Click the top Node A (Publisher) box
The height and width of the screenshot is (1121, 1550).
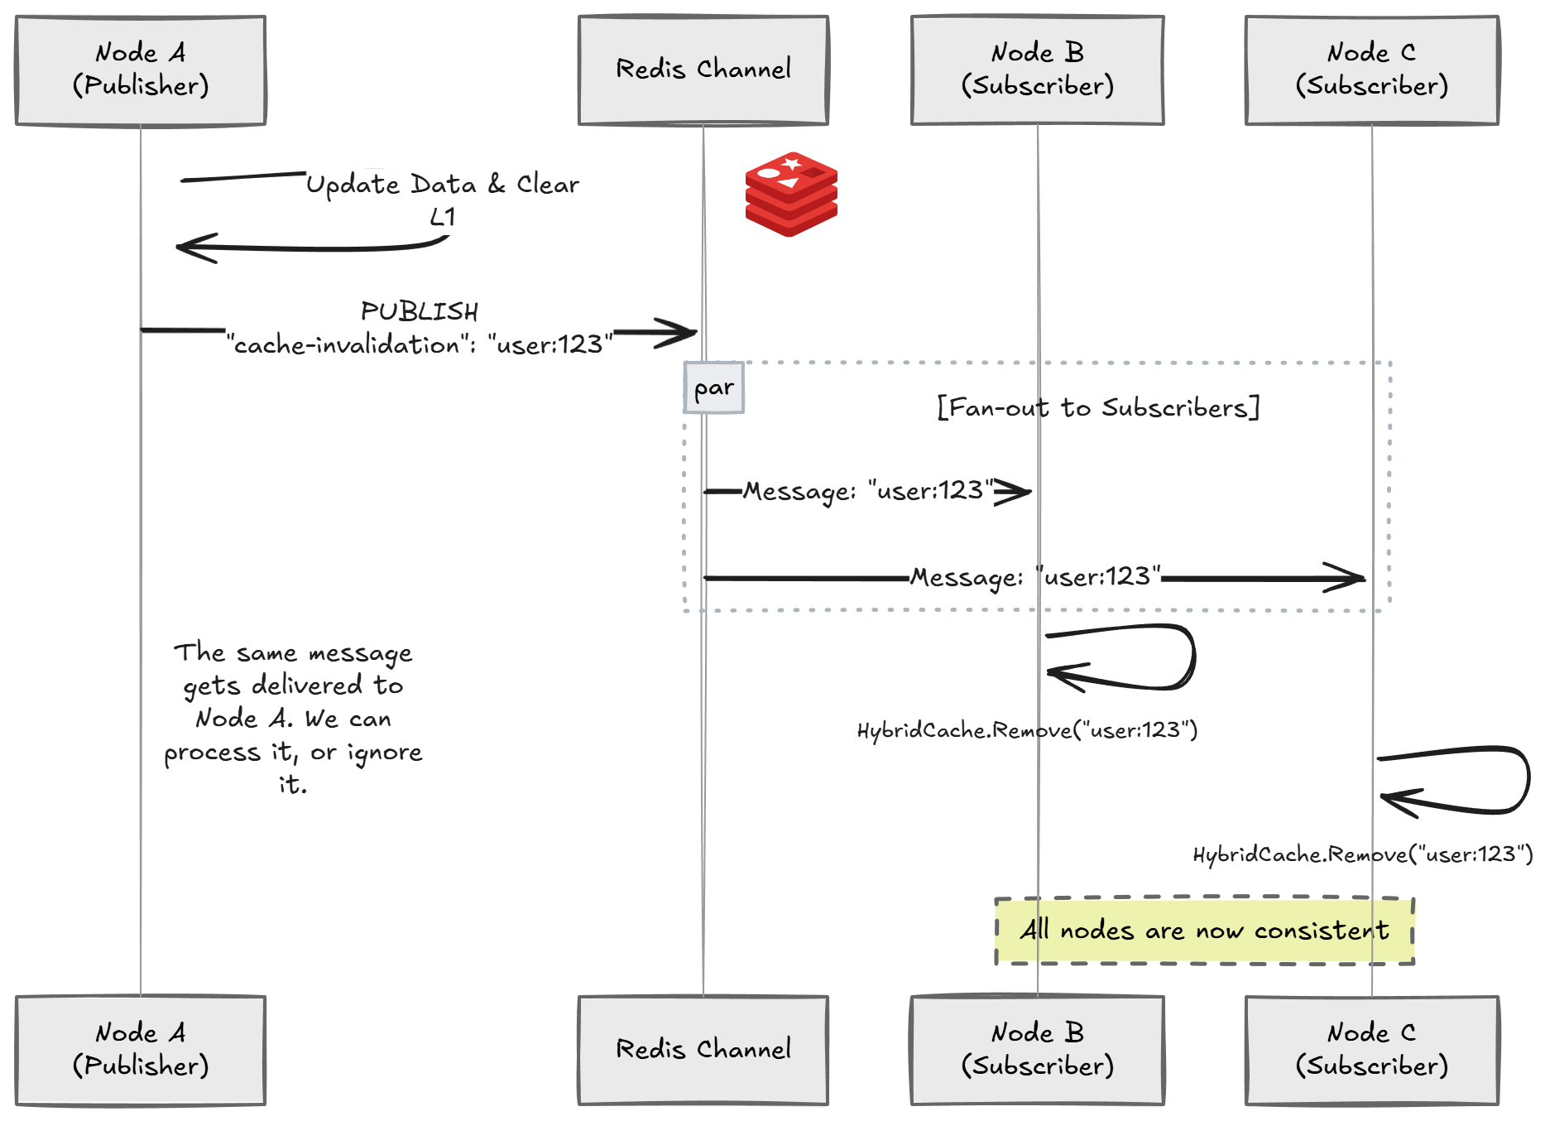[141, 70]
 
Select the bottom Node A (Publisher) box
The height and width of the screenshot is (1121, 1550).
[141, 1050]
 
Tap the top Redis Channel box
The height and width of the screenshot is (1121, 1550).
[703, 70]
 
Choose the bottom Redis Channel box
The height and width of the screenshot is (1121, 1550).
[703, 1050]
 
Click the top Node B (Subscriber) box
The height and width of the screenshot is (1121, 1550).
[1038, 70]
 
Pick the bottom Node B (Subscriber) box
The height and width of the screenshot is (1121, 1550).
[1038, 1050]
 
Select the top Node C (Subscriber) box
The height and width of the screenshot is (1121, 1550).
[1372, 70]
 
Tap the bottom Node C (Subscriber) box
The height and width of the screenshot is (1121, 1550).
[1372, 1050]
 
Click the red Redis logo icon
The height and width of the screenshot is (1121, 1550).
[791, 194]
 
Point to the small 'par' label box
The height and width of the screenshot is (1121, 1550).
[713, 387]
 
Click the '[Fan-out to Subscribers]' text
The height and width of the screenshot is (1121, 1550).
[1098, 407]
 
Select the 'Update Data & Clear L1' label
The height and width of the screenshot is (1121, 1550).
[442, 199]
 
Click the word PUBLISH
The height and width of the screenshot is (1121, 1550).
[420, 312]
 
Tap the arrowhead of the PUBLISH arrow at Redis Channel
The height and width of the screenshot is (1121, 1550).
[684, 333]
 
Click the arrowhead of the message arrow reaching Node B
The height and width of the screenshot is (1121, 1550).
[1018, 492]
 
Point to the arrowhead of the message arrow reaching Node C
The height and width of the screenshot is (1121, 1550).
[1351, 578]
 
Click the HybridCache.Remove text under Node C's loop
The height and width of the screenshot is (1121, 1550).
[1362, 854]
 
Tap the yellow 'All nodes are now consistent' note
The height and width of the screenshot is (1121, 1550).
[1204, 931]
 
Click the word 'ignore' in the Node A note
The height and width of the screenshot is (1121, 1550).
[385, 753]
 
